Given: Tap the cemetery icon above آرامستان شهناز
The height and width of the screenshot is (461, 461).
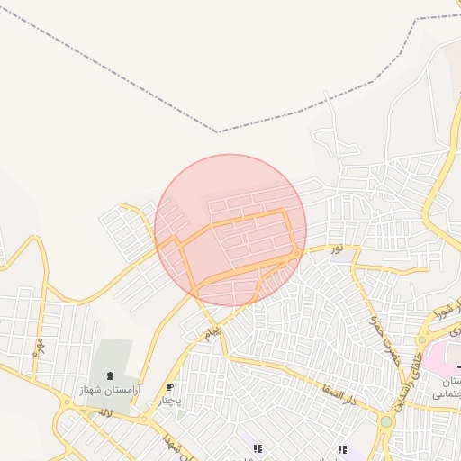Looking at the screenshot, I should (111, 375).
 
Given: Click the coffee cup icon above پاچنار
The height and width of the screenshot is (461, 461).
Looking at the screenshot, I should (169, 386).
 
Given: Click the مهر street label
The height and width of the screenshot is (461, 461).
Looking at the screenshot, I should (39, 347).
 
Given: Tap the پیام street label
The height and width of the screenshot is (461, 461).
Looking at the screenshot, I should (212, 334).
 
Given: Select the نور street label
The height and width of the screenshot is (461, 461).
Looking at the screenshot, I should (336, 246).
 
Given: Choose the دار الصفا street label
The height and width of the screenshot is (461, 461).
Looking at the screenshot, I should (338, 388).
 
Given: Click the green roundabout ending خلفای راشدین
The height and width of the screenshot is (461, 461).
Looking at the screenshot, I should (386, 420).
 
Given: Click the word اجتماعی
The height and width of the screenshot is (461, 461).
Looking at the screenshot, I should (447, 393).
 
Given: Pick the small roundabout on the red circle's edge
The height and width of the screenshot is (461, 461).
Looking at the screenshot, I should (297, 257).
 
